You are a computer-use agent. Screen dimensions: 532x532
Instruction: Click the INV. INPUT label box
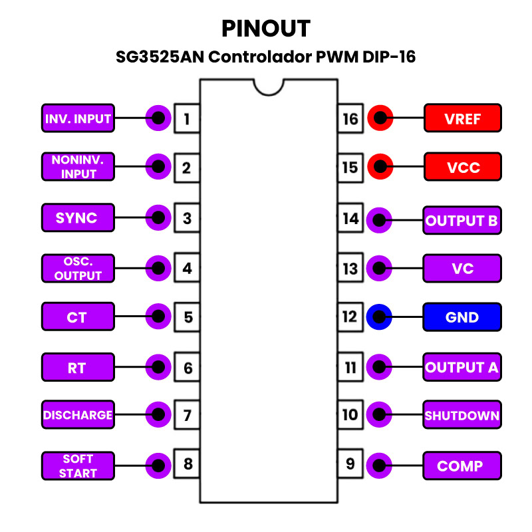(x=78, y=119)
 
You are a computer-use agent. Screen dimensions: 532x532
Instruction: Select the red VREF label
(x=462, y=119)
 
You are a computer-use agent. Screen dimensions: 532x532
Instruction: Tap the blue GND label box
(x=462, y=317)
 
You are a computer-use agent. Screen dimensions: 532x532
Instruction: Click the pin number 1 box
(x=187, y=119)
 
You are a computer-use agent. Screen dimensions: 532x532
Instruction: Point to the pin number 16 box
(x=350, y=119)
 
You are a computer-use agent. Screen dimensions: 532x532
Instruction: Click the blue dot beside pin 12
(x=378, y=317)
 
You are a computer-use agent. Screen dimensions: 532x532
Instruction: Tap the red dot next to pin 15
(x=379, y=167)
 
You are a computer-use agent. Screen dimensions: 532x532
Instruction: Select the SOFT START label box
(x=78, y=465)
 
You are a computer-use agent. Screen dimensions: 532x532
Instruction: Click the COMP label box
(x=462, y=465)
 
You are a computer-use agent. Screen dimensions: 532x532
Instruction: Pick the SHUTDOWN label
(x=462, y=416)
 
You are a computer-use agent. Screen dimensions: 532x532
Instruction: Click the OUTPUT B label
(x=462, y=220)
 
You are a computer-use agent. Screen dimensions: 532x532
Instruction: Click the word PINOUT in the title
(x=266, y=29)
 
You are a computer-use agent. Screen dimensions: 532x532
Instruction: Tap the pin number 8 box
(x=187, y=464)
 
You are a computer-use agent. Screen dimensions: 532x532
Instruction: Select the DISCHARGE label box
(x=78, y=416)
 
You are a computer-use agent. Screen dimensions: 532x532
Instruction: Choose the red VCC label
(x=462, y=167)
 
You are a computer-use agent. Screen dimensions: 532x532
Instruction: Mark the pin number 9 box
(x=350, y=464)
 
